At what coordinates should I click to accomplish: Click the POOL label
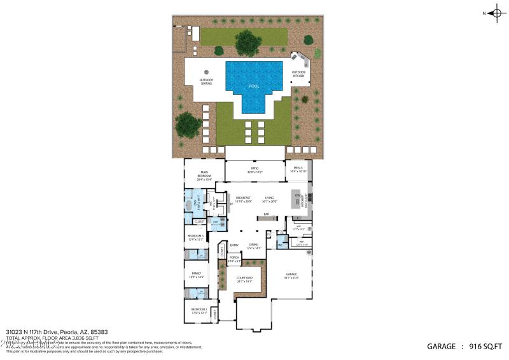tap(254, 86)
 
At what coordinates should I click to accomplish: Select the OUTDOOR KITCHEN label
tap(298, 74)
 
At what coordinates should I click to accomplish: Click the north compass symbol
tap(498, 13)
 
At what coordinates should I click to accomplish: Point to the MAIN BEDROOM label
tap(204, 172)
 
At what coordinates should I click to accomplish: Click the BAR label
tap(266, 214)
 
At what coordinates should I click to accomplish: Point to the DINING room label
tap(254, 245)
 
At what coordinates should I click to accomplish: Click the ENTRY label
tap(234, 245)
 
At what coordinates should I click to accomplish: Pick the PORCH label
tap(234, 258)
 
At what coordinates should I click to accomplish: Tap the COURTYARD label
tap(245, 278)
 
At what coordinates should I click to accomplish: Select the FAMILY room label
tap(196, 273)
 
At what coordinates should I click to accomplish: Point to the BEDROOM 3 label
tap(196, 236)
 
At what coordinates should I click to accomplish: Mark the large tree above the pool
tap(248, 43)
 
